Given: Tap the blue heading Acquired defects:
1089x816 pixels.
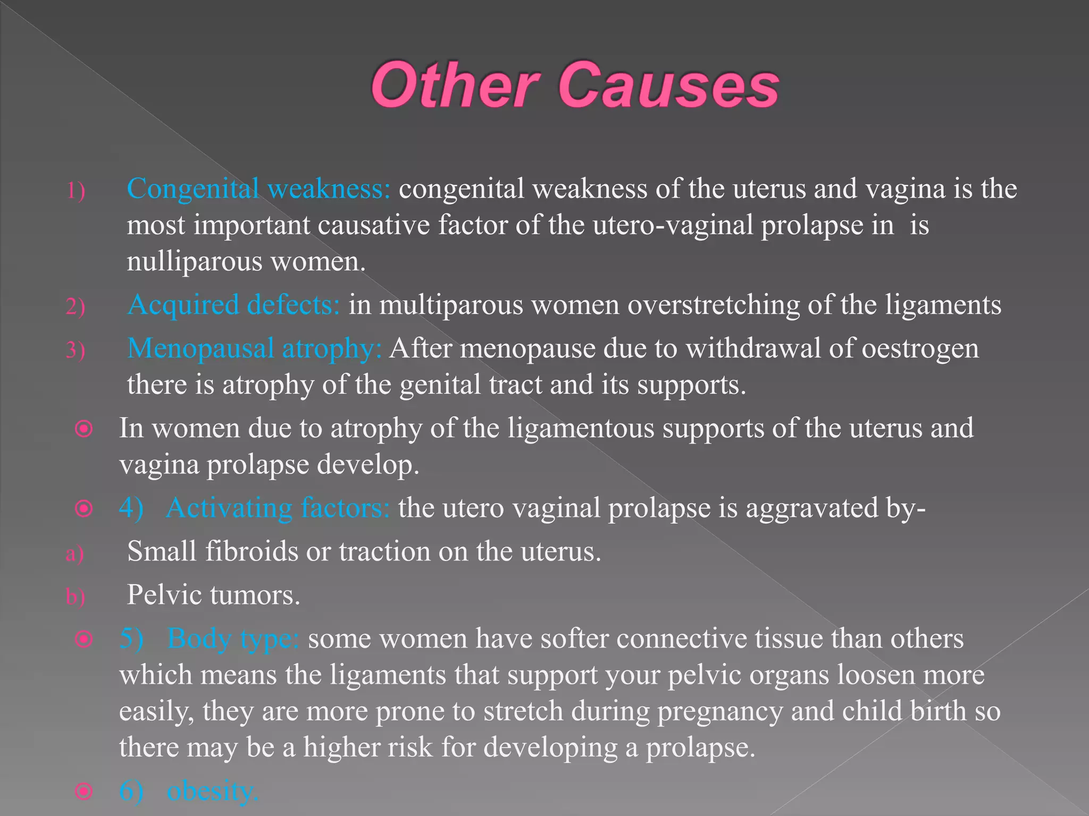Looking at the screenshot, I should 233,305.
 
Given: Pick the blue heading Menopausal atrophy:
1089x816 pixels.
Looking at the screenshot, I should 254,349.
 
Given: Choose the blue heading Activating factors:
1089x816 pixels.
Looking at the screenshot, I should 278,508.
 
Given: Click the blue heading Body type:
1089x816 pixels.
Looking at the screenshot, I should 233,639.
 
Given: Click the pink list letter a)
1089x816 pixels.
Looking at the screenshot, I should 75,554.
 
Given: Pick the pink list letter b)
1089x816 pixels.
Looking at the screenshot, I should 75,597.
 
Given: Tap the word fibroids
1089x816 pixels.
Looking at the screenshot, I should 252,551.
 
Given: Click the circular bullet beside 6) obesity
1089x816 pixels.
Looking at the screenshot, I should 84,792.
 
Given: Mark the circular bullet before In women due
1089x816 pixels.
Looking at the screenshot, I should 84,429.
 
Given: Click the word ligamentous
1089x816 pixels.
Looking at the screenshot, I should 581,429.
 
